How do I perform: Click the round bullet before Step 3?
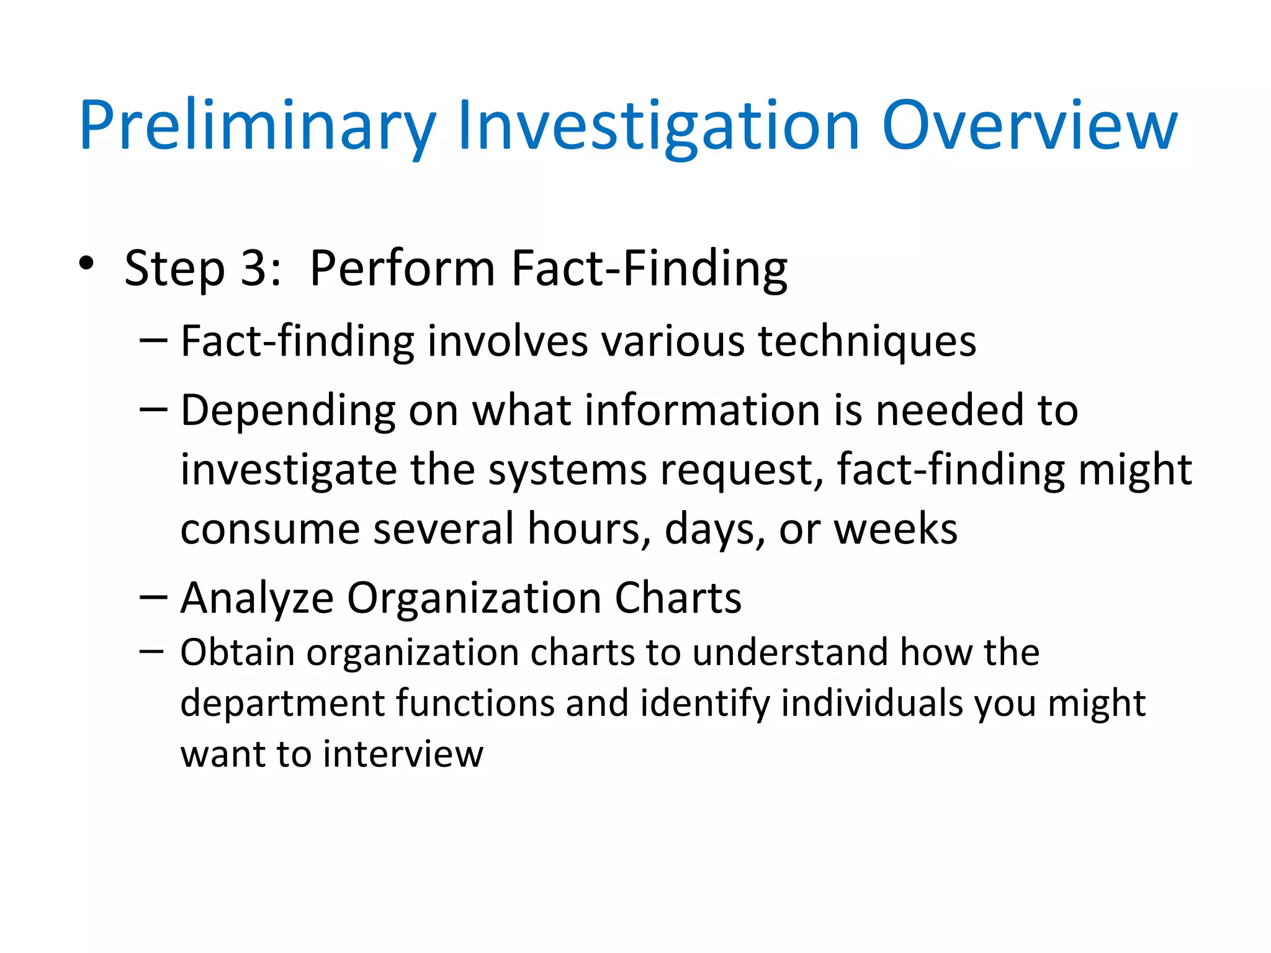coord(86,263)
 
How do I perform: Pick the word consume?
coord(270,530)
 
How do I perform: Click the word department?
coord(283,705)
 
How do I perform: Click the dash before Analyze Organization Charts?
coord(153,597)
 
